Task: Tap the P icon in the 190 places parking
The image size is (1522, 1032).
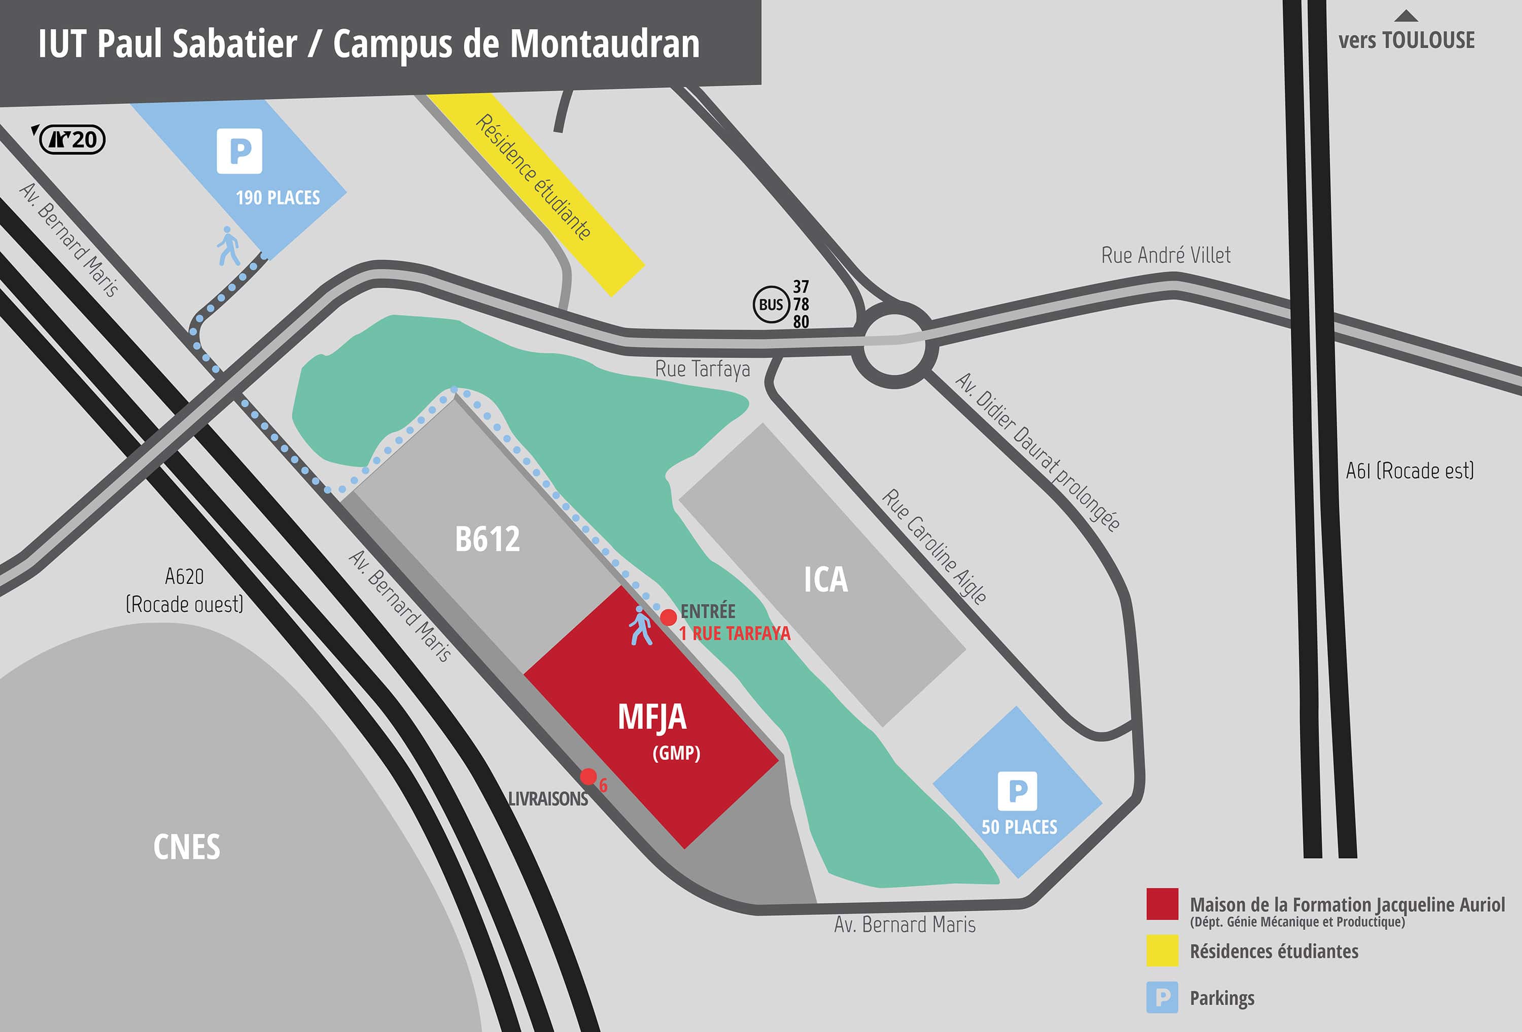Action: [239, 151]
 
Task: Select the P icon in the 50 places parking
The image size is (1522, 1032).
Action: [1017, 791]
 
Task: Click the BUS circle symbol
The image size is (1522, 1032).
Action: [771, 304]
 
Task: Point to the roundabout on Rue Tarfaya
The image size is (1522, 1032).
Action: [895, 344]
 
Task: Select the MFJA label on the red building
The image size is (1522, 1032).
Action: [652, 717]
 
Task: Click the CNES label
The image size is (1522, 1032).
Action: [187, 847]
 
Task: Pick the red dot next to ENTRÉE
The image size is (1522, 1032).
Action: [668, 617]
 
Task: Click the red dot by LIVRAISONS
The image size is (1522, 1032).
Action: [588, 776]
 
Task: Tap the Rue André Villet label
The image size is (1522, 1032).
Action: [1166, 255]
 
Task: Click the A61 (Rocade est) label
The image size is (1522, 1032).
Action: [1409, 470]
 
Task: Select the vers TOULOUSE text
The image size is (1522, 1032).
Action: [1406, 41]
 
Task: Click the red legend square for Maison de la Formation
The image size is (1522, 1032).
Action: [1162, 904]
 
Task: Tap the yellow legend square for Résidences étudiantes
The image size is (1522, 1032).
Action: [1162, 950]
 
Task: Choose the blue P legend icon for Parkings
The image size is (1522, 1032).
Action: [1162, 998]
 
